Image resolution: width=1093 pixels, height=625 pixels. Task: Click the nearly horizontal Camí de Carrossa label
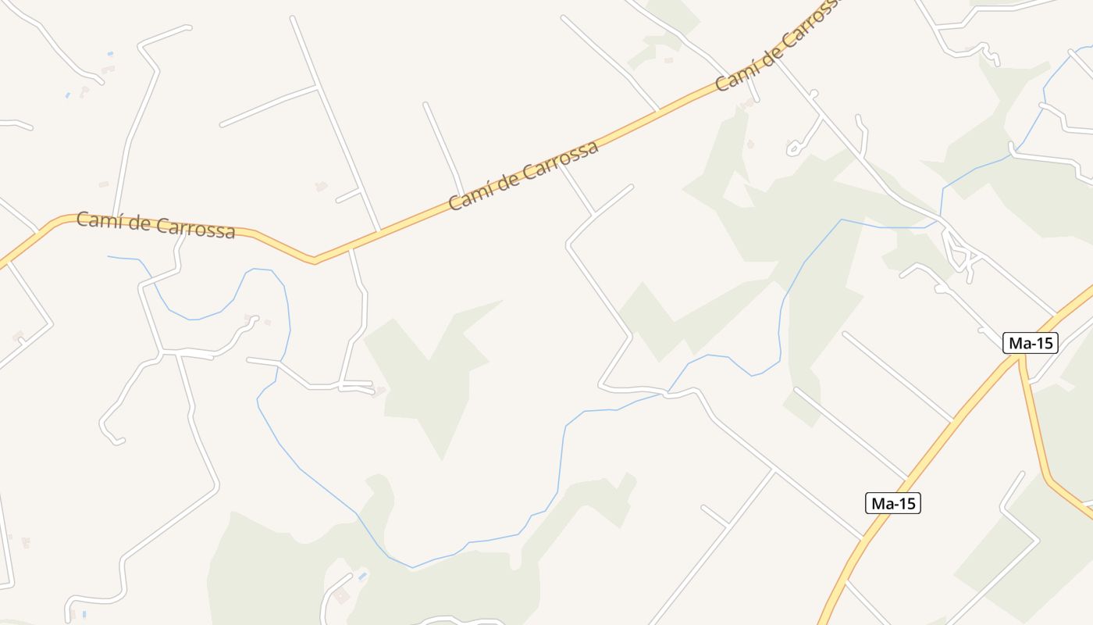click(155, 225)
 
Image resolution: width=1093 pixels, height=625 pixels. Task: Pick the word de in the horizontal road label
click(138, 223)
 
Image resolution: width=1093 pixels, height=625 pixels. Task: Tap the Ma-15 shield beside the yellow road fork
click(1030, 343)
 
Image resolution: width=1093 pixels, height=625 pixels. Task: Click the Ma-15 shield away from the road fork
click(893, 503)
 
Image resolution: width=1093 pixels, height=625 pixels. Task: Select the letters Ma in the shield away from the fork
click(881, 503)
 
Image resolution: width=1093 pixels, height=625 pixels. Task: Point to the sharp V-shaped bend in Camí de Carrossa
click(315, 259)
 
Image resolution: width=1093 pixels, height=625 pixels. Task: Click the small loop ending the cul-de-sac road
click(796, 148)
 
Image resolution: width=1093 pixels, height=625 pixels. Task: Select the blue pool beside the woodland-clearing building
click(361, 577)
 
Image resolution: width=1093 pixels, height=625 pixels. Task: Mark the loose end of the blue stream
click(109, 256)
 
